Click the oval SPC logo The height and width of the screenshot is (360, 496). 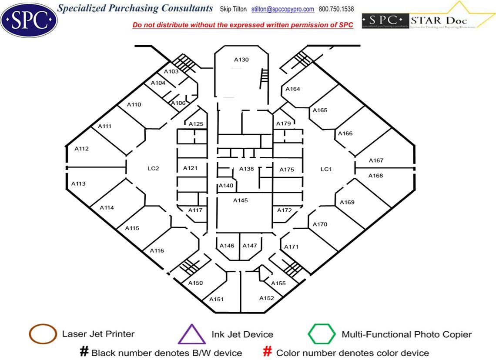(x=29, y=19)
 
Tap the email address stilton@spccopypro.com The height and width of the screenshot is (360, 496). (x=283, y=9)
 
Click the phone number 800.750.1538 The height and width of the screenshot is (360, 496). (x=336, y=9)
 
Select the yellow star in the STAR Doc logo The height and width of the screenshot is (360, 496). (x=461, y=13)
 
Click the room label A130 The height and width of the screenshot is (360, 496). (x=241, y=60)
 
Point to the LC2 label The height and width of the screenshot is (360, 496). (x=154, y=168)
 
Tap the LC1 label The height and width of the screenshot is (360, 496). (x=326, y=169)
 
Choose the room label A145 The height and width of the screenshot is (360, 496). (x=240, y=200)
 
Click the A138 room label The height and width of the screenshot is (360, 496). (x=246, y=169)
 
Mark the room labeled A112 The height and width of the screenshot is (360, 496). (x=81, y=149)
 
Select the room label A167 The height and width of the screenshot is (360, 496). (x=376, y=160)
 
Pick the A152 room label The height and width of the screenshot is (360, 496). (x=267, y=298)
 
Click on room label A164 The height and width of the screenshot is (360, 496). (x=293, y=89)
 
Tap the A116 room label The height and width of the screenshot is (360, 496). (x=157, y=250)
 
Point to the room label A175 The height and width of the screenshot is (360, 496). (x=287, y=170)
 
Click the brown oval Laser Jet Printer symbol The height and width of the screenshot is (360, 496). (x=43, y=334)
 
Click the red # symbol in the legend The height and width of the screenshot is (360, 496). (x=268, y=352)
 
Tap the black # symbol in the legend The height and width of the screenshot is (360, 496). (x=84, y=352)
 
